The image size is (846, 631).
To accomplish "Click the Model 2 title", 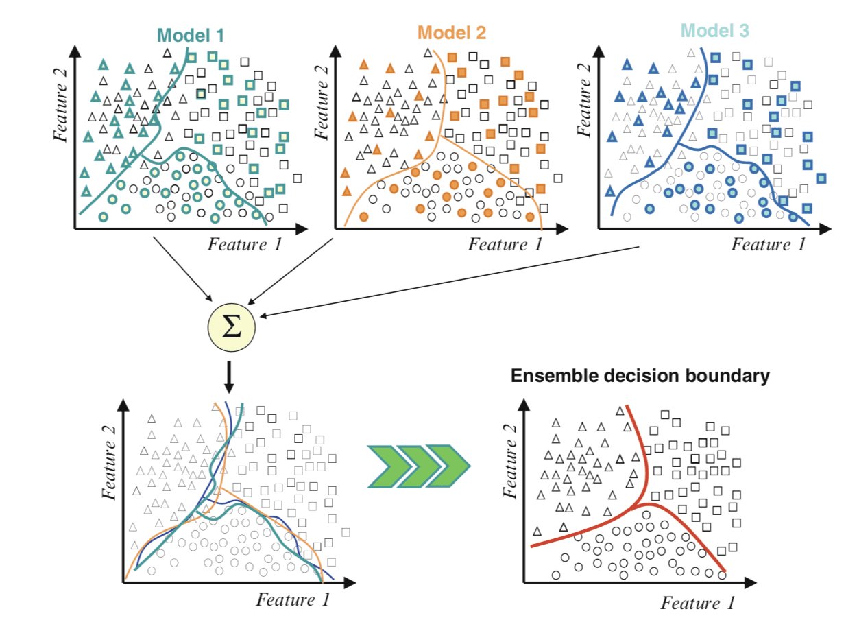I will pos(452,32).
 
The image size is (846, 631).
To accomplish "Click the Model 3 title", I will pos(716,31).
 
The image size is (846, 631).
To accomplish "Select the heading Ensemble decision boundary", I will pos(640,376).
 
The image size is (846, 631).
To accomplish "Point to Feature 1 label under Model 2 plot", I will pos(505,245).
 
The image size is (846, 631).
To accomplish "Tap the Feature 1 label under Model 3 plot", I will pos(768,244).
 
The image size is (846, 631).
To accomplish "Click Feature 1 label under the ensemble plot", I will pos(697,603).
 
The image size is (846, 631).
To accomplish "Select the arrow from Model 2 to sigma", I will pos(291,270).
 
